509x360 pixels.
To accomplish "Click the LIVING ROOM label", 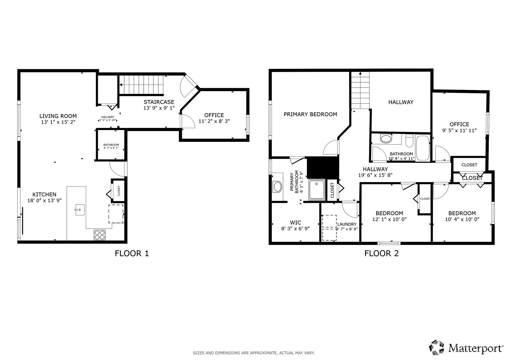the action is tap(58, 116).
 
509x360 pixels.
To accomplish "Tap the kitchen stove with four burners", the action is tap(100, 235).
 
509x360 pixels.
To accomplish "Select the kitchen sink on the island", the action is tap(79, 210).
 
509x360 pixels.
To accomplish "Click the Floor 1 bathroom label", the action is tap(111, 145).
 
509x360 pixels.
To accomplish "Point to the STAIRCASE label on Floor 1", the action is tap(159, 102).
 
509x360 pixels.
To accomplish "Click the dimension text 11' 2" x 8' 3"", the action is tap(214, 121).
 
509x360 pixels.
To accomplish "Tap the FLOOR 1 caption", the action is tap(132, 253).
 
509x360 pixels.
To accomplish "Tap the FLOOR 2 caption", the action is tap(382, 253).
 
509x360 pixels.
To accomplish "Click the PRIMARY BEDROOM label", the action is tap(310, 114).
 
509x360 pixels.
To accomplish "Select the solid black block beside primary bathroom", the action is tap(323, 168).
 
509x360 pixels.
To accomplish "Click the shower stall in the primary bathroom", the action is tap(317, 190).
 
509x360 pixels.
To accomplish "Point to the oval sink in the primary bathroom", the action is tap(278, 187).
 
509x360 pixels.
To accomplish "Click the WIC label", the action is tap(295, 223).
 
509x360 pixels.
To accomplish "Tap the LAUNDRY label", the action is tap(347, 224).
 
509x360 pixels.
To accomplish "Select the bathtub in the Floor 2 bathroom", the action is tap(422, 148).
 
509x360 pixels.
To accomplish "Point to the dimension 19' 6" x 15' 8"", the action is tap(375, 175).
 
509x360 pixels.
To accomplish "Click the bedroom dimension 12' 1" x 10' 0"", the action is tap(389, 219).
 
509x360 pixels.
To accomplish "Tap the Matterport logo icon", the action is tap(437, 348).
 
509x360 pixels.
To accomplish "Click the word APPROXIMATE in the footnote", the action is tap(264, 353).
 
